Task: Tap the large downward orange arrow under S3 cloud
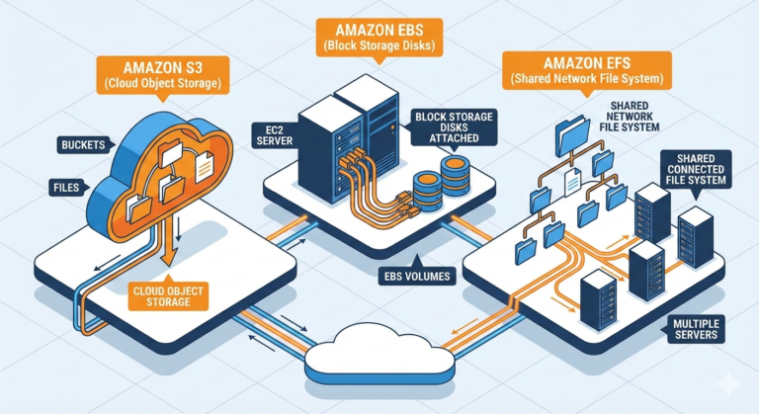click(x=169, y=247)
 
